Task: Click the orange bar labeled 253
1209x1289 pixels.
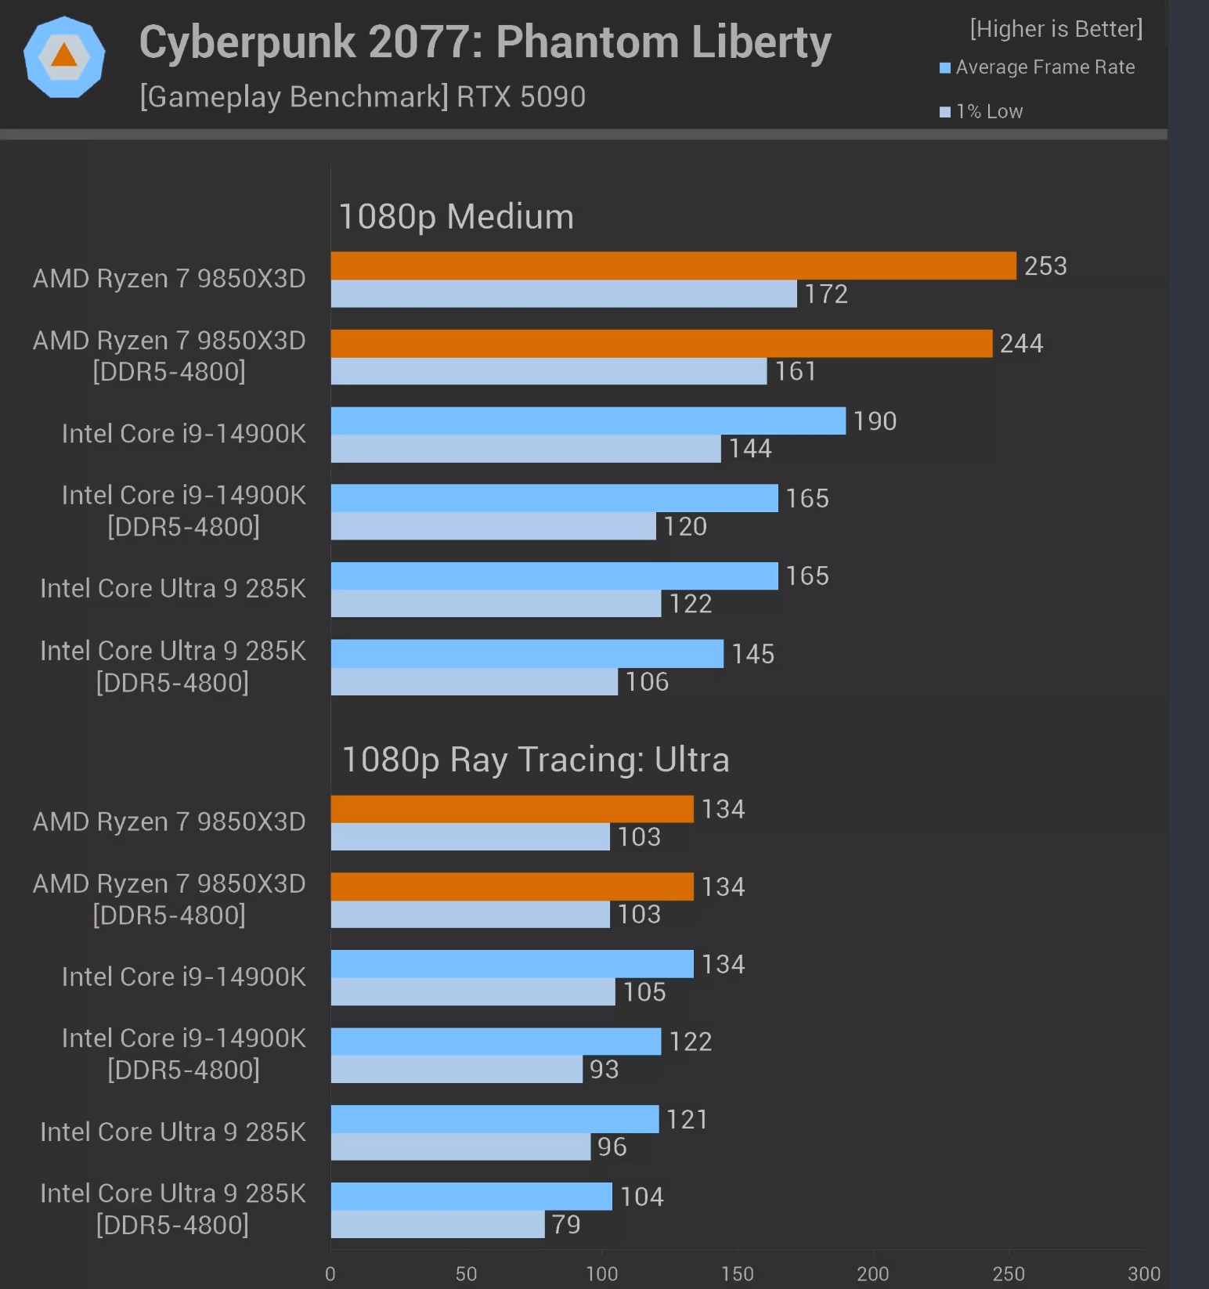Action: point(673,265)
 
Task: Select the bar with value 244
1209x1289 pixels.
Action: point(662,343)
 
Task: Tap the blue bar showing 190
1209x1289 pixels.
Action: point(588,421)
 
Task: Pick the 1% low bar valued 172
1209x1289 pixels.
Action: point(564,294)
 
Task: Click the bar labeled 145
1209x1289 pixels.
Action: point(527,654)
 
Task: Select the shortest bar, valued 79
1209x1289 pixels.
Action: point(438,1224)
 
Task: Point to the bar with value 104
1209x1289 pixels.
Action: point(471,1196)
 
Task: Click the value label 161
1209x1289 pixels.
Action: point(796,371)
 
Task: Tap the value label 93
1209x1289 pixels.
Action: point(604,1070)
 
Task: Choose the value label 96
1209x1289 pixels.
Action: point(612,1147)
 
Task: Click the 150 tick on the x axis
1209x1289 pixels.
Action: point(738,1274)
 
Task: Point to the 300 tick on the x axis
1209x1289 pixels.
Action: point(1144,1274)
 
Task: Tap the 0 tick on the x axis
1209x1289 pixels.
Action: point(330,1274)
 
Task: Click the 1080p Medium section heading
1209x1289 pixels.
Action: point(456,217)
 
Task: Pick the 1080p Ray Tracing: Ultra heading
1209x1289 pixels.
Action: point(536,760)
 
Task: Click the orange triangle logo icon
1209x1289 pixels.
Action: point(64,56)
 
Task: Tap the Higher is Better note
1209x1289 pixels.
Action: point(1056,29)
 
